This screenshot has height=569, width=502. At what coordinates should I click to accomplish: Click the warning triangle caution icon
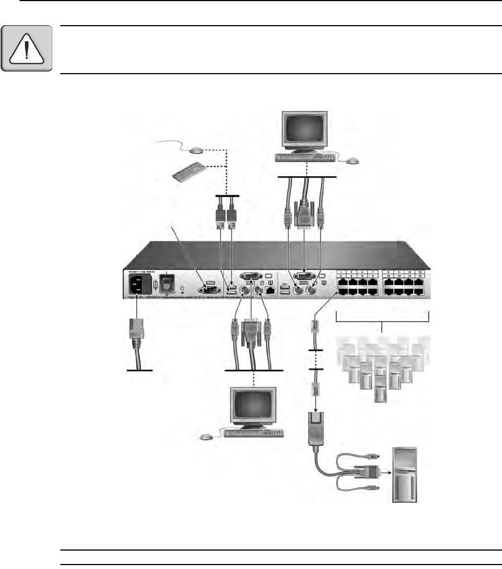(26, 49)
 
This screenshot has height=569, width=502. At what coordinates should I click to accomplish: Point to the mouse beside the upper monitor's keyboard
(352, 161)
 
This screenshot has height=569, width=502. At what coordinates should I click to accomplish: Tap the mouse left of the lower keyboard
(207, 436)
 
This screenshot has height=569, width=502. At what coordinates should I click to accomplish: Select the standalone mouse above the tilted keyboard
(195, 150)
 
